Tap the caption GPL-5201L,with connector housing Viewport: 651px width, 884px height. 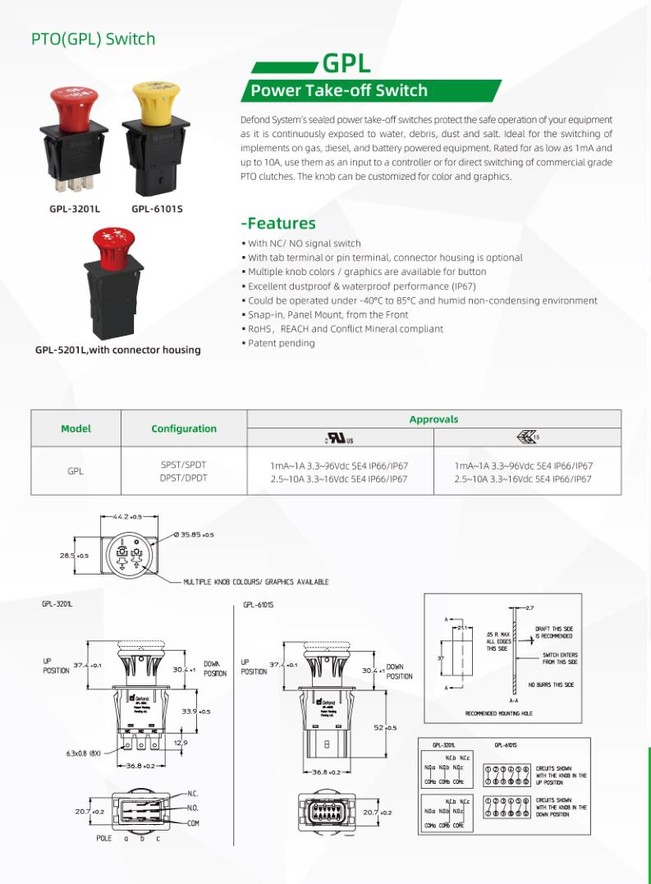tap(117, 350)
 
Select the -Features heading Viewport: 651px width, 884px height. tap(277, 223)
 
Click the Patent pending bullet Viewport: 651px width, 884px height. tap(281, 343)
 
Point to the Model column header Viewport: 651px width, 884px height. tap(76, 428)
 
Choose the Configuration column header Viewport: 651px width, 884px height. tap(184, 428)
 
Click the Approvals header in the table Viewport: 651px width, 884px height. tap(433, 419)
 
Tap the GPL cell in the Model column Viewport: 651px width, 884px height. tap(76, 472)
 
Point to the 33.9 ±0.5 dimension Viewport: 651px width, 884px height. tap(196, 712)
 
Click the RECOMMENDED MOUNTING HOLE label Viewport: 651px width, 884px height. tap(498, 713)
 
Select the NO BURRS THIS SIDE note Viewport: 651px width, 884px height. tap(551, 685)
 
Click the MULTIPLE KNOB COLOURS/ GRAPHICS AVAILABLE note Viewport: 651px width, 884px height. tap(255, 581)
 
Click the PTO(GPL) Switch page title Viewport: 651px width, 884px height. tap(93, 39)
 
